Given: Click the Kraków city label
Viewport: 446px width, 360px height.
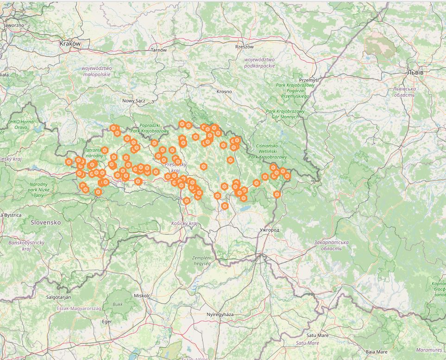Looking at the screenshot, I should point(70,44).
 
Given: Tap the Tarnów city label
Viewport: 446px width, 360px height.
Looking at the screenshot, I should point(158,50).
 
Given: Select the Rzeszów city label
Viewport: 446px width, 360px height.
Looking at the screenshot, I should point(245,47).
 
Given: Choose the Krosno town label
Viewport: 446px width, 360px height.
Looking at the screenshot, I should point(224,92).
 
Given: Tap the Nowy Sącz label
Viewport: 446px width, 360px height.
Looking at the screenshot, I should point(134,101).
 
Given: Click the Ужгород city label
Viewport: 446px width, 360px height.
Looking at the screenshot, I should point(270,230).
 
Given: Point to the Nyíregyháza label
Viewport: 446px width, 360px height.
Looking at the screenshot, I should point(220,315).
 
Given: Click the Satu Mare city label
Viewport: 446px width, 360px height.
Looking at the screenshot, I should point(317,335).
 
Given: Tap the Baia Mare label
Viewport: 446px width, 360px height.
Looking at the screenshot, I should point(377,352).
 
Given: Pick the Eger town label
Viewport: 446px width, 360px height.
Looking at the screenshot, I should point(107,321).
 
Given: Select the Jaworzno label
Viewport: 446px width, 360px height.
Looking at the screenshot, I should point(13,25).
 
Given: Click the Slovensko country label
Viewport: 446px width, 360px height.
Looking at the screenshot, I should point(46,222).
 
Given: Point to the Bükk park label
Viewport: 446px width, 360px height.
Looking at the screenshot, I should point(118,305).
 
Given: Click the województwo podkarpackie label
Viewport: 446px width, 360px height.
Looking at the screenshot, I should point(259,63).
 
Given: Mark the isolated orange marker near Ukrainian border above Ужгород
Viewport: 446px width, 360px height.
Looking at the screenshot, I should point(277,195).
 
